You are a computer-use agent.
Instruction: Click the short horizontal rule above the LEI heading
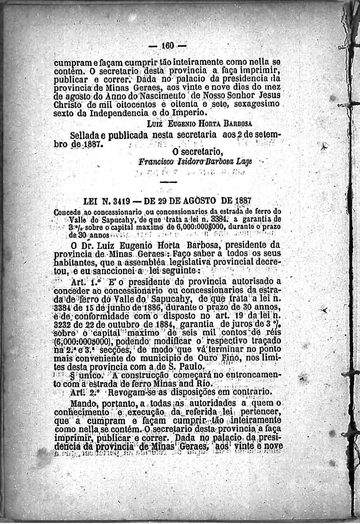pyautogui.click(x=171, y=181)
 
